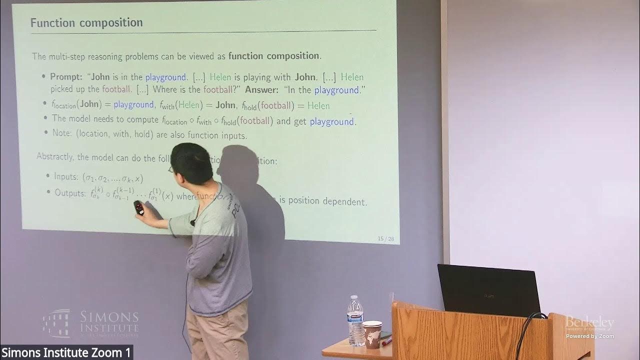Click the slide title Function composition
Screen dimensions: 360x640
[x=86, y=23]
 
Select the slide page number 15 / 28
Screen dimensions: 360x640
[x=386, y=239]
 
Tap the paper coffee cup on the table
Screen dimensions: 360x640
[x=372, y=333]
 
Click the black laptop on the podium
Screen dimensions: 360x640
[x=488, y=290]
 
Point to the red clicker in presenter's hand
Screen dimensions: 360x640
[x=139, y=208]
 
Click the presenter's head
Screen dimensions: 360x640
[x=192, y=162]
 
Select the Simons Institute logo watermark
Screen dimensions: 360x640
[x=90, y=323]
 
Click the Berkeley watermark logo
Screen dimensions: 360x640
[x=589, y=323]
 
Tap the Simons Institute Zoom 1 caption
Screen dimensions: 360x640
[x=66, y=352]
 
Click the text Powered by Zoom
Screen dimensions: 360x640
[x=589, y=336]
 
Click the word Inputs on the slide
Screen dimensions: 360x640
[x=65, y=176]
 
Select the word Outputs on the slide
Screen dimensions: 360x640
[x=70, y=193]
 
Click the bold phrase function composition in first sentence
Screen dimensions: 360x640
[x=273, y=56]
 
